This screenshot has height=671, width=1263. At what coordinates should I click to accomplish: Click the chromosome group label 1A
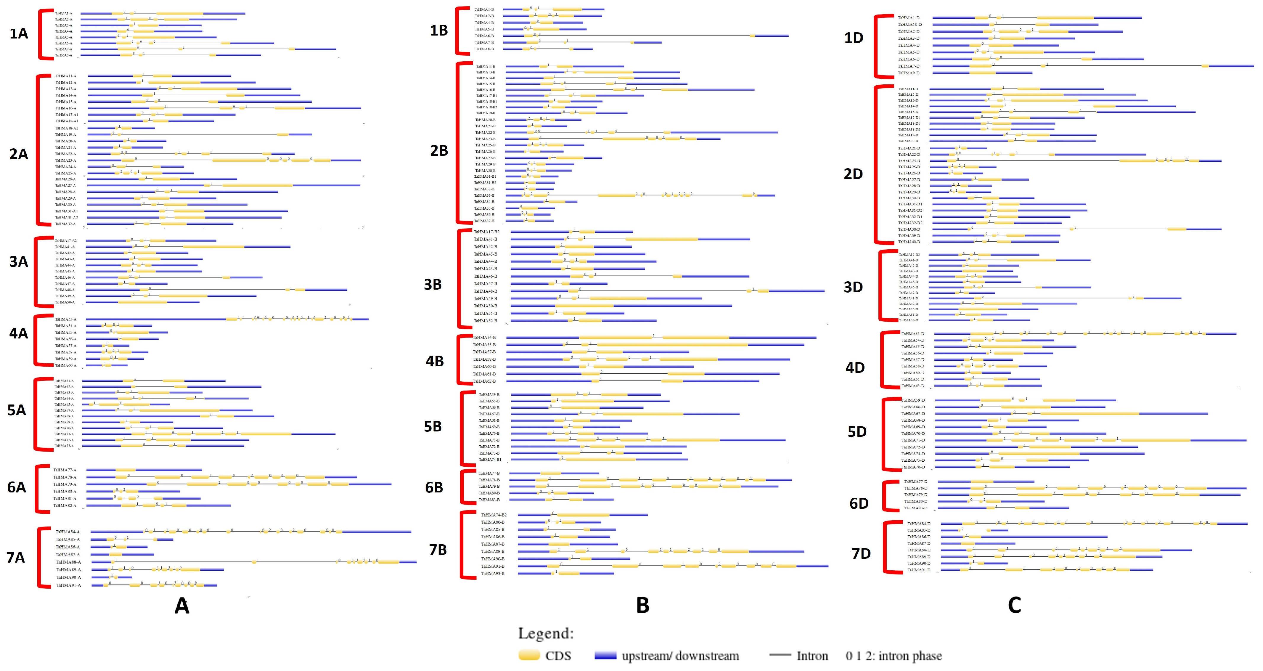pos(19,34)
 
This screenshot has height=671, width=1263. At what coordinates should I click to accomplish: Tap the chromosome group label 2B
pos(439,151)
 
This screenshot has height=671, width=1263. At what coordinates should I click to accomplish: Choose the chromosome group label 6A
pos(17,487)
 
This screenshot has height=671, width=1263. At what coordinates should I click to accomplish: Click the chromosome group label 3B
pos(433,285)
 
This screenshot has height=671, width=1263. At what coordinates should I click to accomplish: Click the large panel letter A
pos(182,606)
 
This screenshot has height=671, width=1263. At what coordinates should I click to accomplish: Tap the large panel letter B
pos(642,606)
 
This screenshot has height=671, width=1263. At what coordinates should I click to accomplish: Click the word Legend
pos(546,633)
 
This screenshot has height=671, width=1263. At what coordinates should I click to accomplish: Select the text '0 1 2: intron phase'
pos(893,656)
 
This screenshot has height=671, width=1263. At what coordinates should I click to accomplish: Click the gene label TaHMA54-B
pos(484,338)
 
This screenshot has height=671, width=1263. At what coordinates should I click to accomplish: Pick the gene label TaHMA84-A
pos(68,532)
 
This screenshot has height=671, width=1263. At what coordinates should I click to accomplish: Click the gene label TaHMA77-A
pos(65,470)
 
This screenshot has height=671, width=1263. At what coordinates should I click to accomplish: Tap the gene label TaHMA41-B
pos(485,239)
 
